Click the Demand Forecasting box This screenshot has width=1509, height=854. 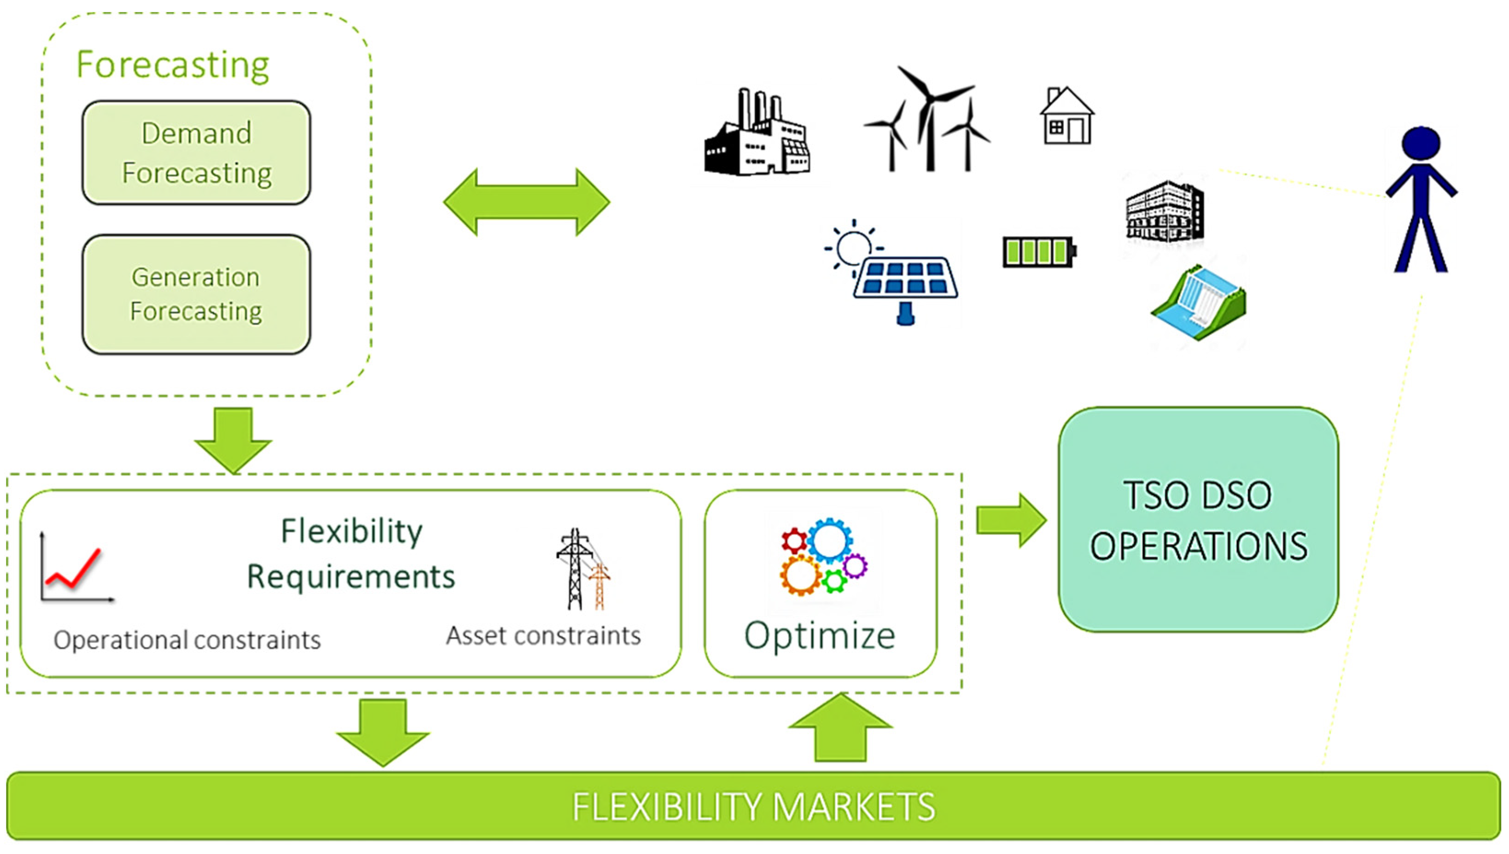click(197, 152)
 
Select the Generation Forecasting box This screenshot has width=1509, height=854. click(197, 294)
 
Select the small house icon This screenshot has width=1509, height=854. click(1066, 117)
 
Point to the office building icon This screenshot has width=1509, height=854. click(1165, 212)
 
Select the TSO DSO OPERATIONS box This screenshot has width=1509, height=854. click(1198, 520)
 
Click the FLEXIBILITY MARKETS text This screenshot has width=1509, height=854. click(754, 807)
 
